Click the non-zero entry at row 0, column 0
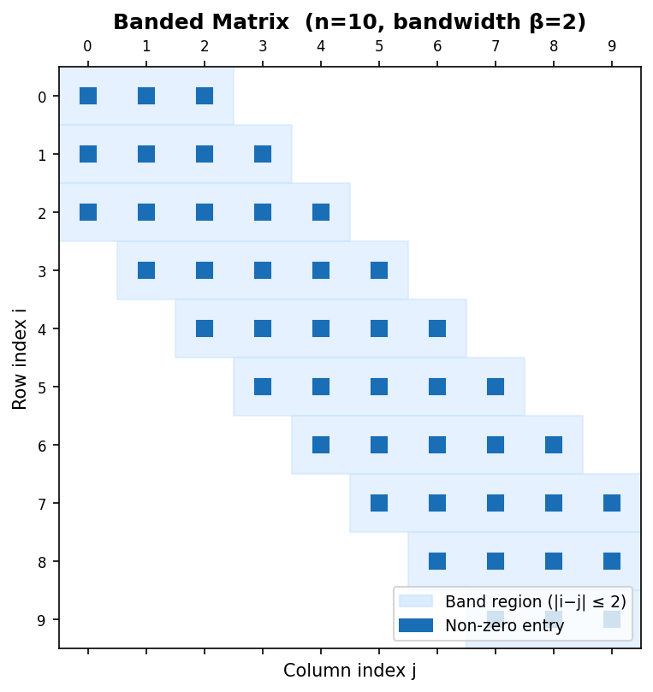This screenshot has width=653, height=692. [88, 96]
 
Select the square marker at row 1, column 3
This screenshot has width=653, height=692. [263, 154]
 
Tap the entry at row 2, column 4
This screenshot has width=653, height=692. [321, 212]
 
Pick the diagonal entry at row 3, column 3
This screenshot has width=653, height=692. [263, 270]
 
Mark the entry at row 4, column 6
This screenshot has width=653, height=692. [437, 328]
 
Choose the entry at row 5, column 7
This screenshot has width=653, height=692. [496, 387]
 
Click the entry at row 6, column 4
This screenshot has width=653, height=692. [321, 445]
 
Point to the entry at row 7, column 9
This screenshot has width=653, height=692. [612, 503]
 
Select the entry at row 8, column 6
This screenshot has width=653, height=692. [437, 561]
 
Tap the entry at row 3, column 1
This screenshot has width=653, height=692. [146, 270]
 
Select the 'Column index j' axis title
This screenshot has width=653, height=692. [349, 671]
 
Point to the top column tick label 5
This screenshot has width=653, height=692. [379, 46]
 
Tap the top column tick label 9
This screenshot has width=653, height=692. [612, 46]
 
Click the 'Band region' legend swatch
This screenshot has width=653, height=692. [416, 601]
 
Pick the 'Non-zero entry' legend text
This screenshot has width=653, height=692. [504, 625]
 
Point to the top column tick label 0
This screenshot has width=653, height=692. [88, 46]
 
